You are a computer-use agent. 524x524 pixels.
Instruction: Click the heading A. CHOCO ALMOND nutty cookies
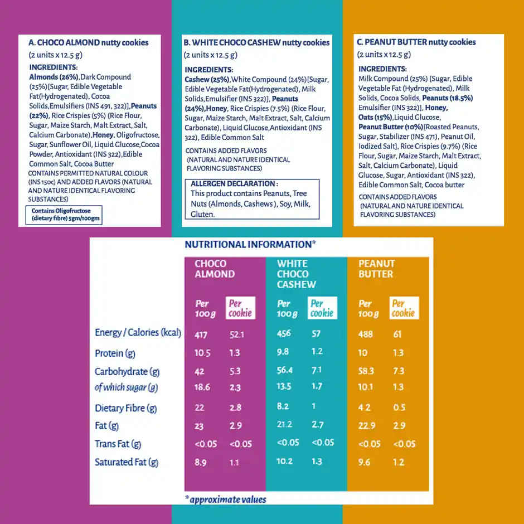click(x=89, y=42)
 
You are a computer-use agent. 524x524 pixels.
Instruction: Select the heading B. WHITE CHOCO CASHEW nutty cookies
click(x=256, y=42)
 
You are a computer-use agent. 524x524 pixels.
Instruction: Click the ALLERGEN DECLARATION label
click(x=234, y=184)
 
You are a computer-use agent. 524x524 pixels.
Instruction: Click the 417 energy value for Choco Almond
click(x=201, y=334)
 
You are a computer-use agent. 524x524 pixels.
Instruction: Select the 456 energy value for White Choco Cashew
click(x=284, y=333)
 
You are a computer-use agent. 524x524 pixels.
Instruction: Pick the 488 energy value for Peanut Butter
click(x=366, y=334)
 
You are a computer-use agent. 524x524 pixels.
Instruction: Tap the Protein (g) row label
click(x=115, y=353)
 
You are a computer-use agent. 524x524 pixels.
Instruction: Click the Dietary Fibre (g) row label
click(x=125, y=408)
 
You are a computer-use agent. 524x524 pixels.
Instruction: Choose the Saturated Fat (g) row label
click(x=127, y=462)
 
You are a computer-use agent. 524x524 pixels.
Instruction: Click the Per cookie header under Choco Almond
click(x=240, y=308)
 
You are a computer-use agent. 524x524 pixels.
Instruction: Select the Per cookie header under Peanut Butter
click(x=404, y=308)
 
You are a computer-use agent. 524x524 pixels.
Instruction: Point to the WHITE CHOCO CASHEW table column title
click(x=296, y=274)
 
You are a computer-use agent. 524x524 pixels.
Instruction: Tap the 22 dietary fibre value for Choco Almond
click(x=200, y=408)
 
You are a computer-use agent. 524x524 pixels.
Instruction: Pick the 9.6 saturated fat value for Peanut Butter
click(x=365, y=462)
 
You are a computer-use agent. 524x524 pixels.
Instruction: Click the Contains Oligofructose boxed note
click(x=64, y=215)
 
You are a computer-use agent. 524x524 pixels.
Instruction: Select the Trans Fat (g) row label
click(x=118, y=444)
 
